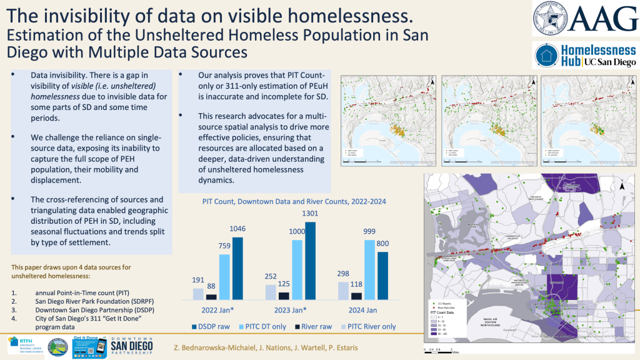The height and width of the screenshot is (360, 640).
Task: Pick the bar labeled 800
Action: click(x=382, y=276)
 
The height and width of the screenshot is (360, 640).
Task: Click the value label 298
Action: click(x=342, y=274)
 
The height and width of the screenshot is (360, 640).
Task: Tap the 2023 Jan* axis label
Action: click(x=289, y=310)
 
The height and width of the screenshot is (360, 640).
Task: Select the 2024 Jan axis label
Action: click(x=362, y=310)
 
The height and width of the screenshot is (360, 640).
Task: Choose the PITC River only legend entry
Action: click(x=372, y=326)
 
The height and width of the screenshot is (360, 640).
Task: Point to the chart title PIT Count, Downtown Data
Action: click(x=294, y=202)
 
